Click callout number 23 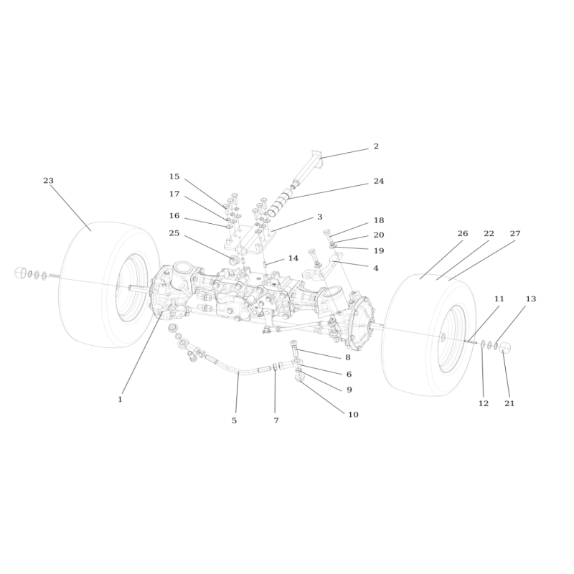[48, 181]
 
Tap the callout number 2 [376, 146]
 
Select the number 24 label [379, 182]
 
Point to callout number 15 [174, 177]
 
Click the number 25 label [174, 233]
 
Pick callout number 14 [293, 258]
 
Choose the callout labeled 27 [515, 234]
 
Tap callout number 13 [531, 299]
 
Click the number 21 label [509, 403]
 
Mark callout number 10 [353, 415]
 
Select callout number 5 [235, 421]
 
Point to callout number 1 [120, 400]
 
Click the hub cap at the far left [20, 273]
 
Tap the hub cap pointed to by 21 [506, 347]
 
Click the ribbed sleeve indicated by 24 [278, 203]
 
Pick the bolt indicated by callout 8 [295, 349]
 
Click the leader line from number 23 [70, 208]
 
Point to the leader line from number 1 [142, 352]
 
